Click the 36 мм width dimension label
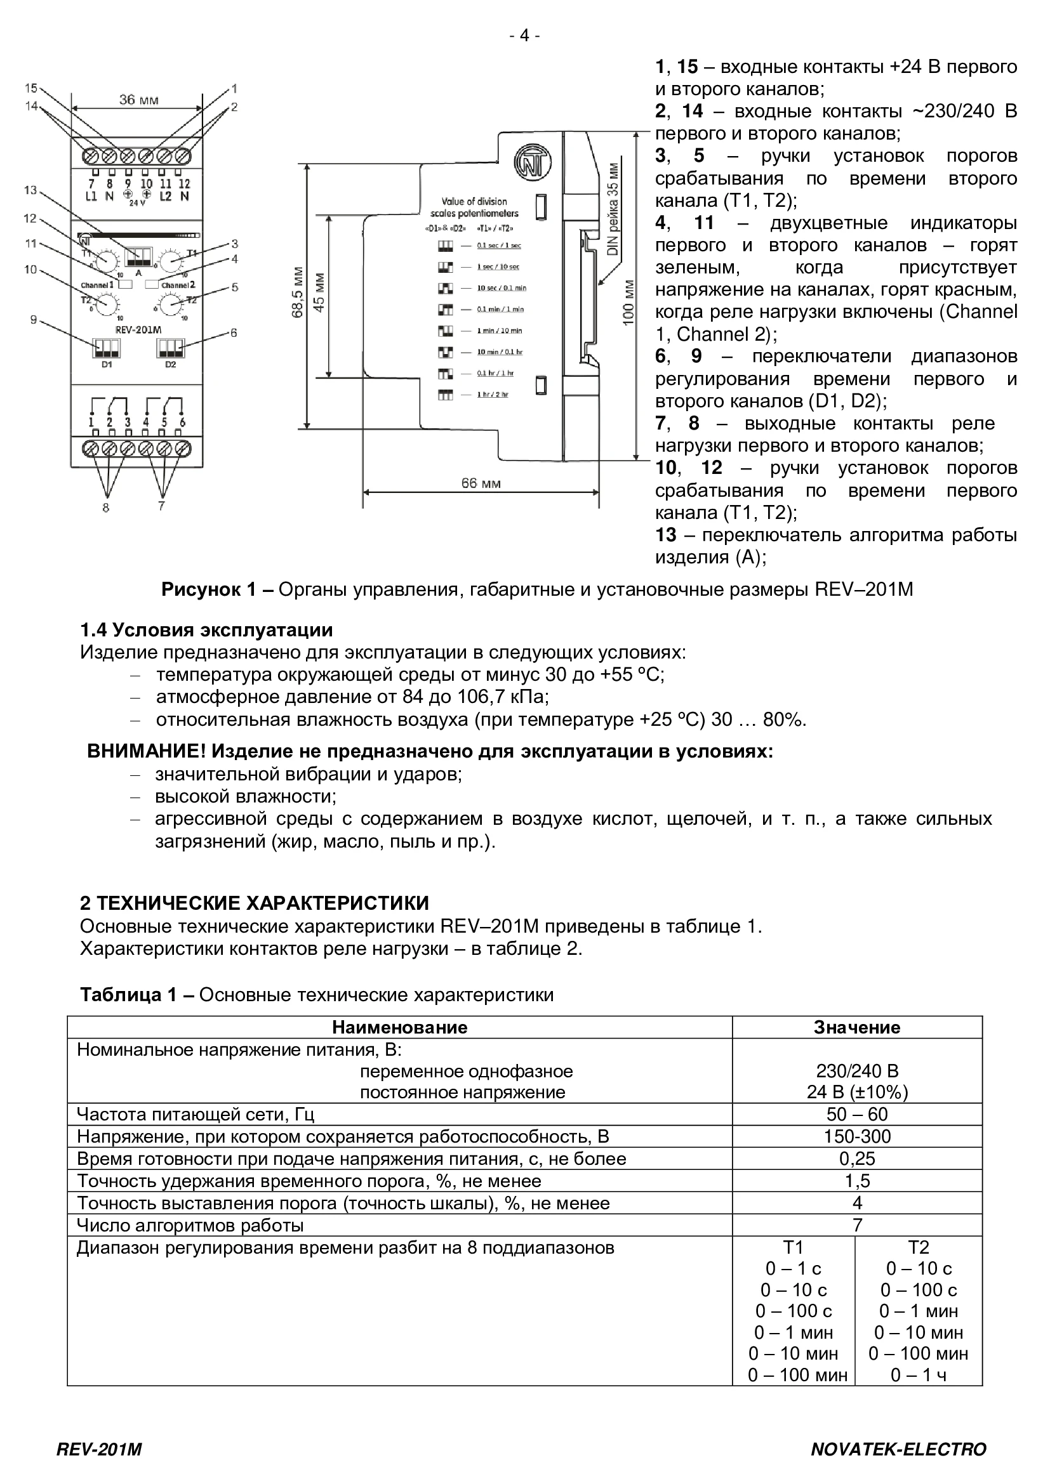pyautogui.click(x=138, y=100)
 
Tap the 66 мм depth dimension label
pyautogui.click(x=481, y=483)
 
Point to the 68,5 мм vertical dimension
pyautogui.click(x=296, y=292)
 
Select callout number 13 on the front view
pyautogui.click(x=30, y=190)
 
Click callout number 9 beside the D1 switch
pyautogui.click(x=34, y=318)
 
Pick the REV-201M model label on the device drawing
pyautogui.click(x=138, y=330)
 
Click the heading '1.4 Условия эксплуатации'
pyautogui.click(x=206, y=629)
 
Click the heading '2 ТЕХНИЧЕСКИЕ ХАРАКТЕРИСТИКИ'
pyautogui.click(x=254, y=903)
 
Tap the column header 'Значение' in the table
pyautogui.click(x=856, y=1027)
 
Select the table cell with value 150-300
pyautogui.click(x=856, y=1136)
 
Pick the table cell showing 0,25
pyautogui.click(x=856, y=1159)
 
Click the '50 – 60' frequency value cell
pyautogui.click(x=856, y=1114)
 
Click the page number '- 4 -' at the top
pyautogui.click(x=524, y=36)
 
